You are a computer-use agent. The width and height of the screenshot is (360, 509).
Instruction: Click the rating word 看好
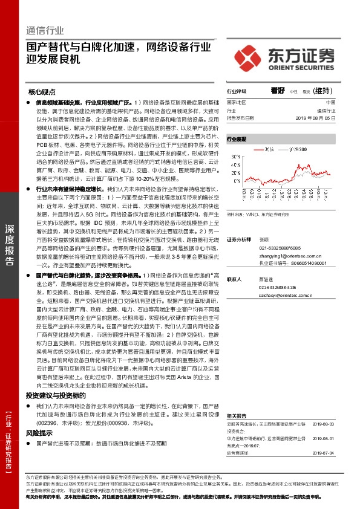tap(278, 91)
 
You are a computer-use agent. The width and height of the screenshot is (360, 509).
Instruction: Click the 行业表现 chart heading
tap(237, 139)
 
